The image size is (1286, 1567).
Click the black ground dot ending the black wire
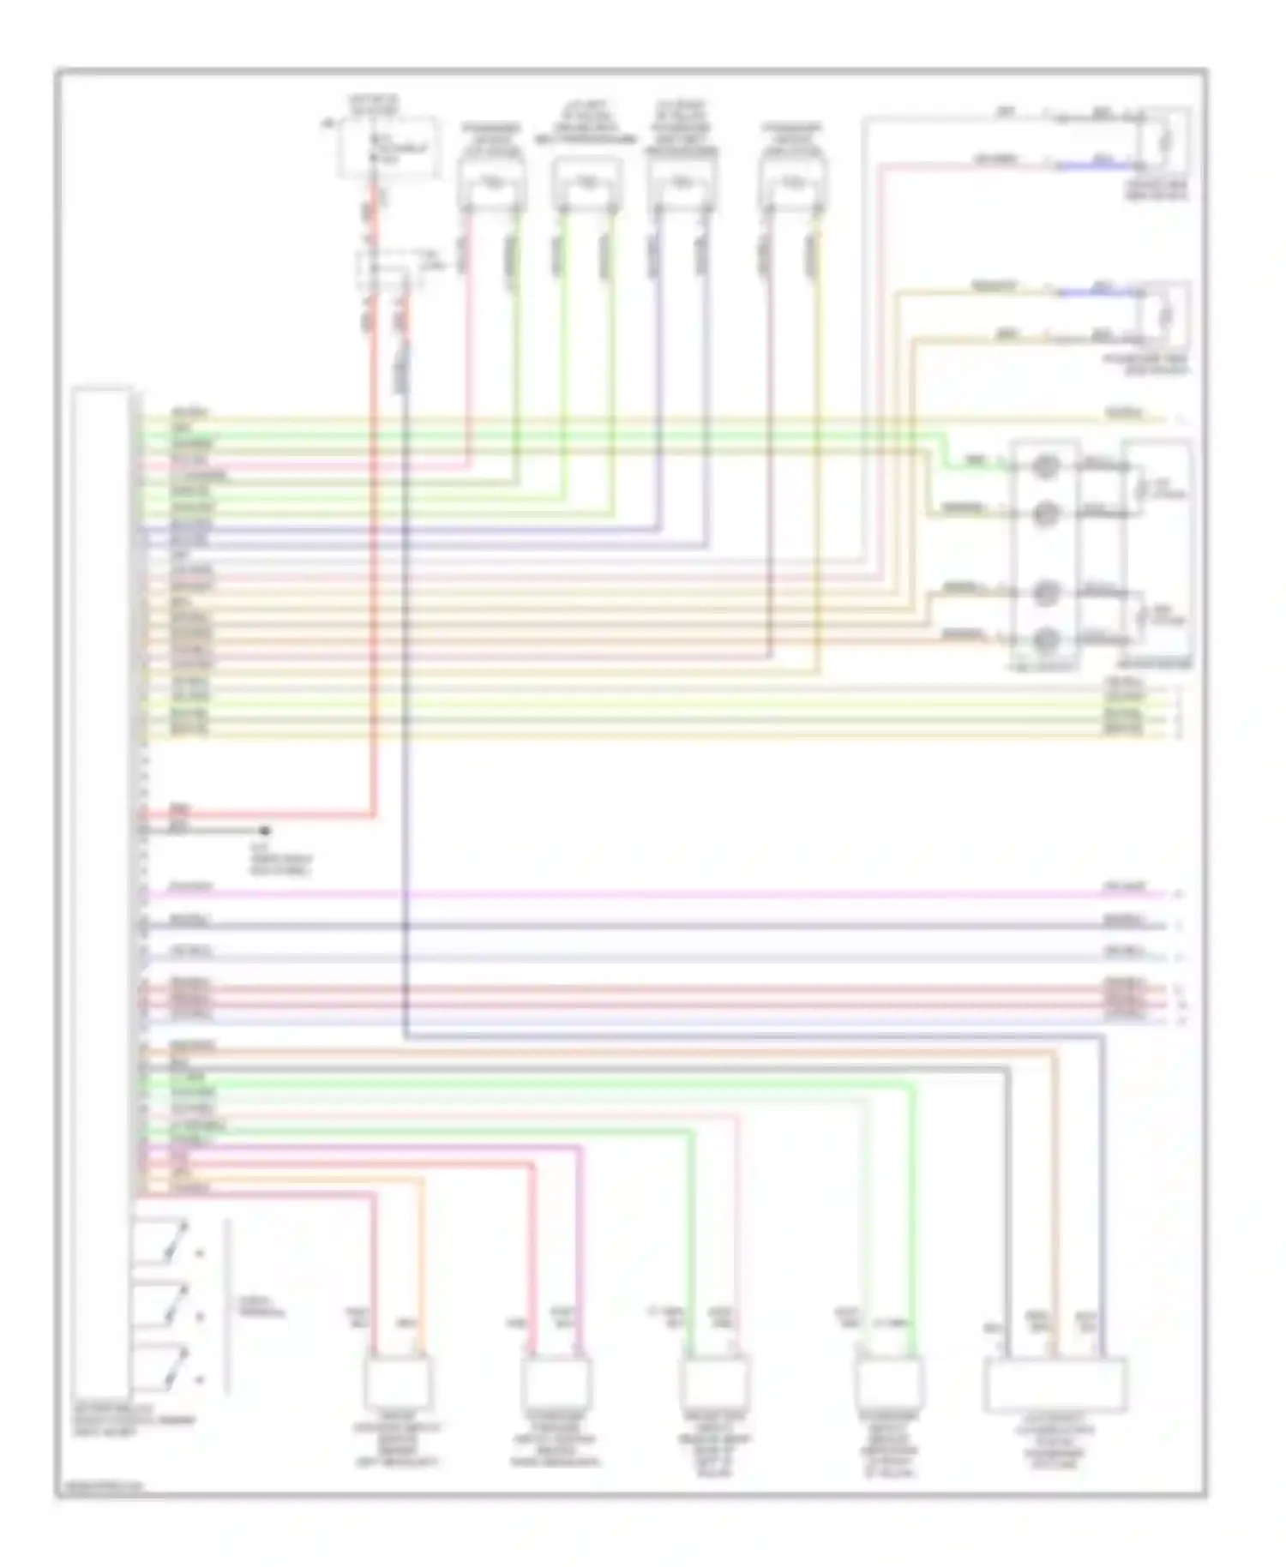tap(265, 831)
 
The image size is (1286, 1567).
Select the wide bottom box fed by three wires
tap(1055, 1384)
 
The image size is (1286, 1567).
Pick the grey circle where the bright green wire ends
tap(1046, 467)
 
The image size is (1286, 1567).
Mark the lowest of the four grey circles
tap(1046, 639)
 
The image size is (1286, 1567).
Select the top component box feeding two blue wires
tap(682, 183)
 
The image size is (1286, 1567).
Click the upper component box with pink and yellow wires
tap(793, 183)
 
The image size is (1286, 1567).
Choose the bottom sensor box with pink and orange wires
tap(398, 1382)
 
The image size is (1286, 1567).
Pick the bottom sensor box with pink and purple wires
tap(556, 1382)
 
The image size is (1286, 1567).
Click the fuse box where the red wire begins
tap(390, 148)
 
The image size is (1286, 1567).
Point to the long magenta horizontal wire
tap(652, 895)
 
